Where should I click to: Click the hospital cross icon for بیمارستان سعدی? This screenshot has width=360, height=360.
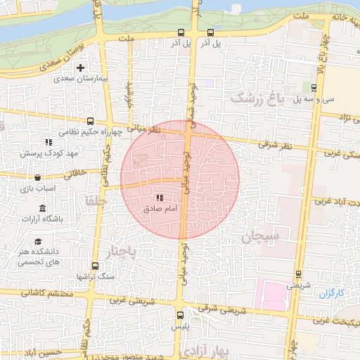pyautogui.click(x=82, y=68)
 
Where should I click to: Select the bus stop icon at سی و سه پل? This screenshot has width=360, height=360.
pyautogui.click(x=314, y=88)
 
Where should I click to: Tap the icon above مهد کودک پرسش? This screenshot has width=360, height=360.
pyautogui.click(x=49, y=142)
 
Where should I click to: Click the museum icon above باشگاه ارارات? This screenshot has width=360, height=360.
pyautogui.click(x=43, y=208)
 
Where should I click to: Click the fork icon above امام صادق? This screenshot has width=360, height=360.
pyautogui.click(x=160, y=198)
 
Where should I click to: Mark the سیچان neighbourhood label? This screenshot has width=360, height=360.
pyautogui.click(x=260, y=236)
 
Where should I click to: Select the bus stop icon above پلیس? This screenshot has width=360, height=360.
pyautogui.click(x=180, y=314)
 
